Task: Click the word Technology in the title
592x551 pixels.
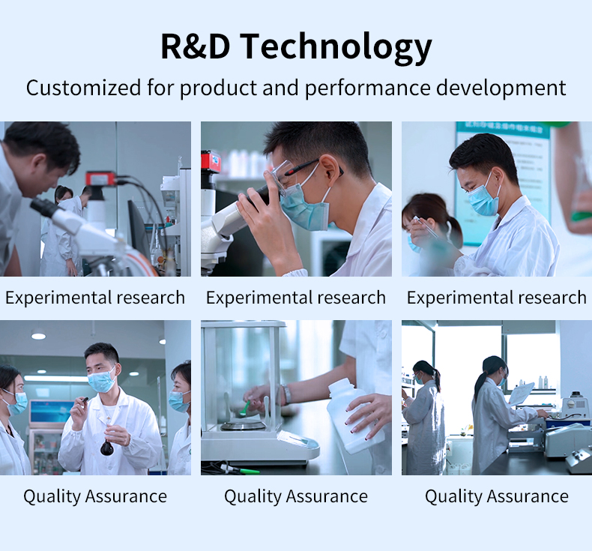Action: click(x=335, y=47)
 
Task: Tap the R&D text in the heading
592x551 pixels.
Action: click(x=195, y=46)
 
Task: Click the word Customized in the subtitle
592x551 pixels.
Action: click(x=83, y=87)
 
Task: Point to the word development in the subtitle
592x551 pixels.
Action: click(x=501, y=88)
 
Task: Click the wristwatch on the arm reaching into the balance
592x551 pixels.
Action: click(x=286, y=394)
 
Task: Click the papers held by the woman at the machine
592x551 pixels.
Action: click(x=522, y=394)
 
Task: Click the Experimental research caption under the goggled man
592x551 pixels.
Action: click(x=295, y=298)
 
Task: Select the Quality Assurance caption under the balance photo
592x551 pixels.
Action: click(x=296, y=496)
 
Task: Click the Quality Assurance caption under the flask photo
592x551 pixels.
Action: click(x=95, y=496)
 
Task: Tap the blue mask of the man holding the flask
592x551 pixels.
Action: click(x=101, y=380)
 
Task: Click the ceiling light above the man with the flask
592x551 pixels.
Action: click(x=38, y=336)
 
